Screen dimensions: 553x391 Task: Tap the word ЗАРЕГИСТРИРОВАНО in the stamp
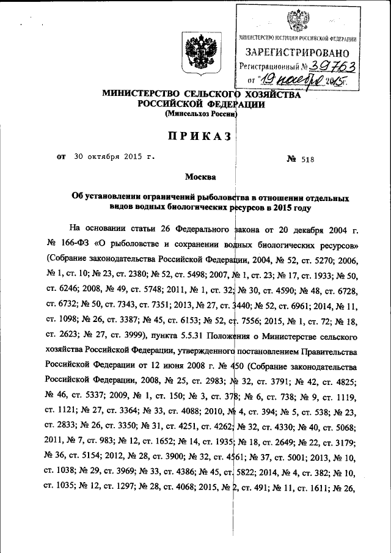coord(298,52)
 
